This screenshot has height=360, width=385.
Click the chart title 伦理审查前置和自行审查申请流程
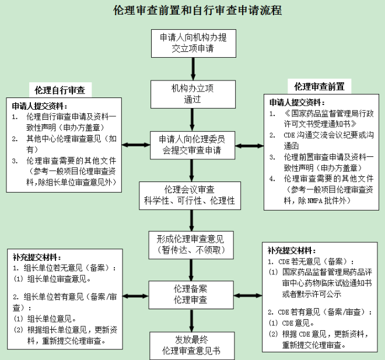click(x=192, y=11)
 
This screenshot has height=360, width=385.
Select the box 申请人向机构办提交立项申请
click(x=192, y=42)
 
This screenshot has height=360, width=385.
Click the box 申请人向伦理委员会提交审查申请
click(x=192, y=145)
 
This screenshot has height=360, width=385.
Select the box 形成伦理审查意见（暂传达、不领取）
click(x=192, y=244)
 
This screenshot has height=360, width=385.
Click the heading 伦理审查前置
click(x=319, y=87)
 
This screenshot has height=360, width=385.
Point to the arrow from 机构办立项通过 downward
click(x=192, y=120)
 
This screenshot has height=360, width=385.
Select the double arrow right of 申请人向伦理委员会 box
click(x=249, y=144)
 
